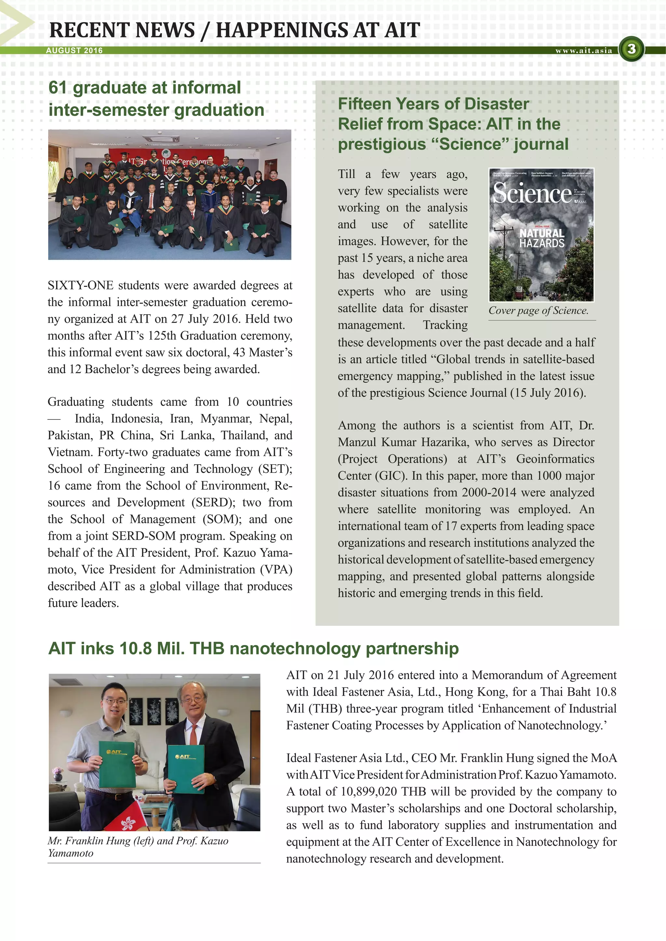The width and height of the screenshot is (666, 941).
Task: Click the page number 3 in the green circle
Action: tap(631, 49)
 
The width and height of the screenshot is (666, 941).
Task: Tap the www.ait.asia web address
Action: tap(584, 51)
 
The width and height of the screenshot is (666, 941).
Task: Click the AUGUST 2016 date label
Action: tap(74, 50)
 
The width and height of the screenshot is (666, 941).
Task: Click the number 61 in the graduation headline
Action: tap(58, 88)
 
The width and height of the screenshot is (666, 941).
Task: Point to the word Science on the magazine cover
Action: tap(532, 193)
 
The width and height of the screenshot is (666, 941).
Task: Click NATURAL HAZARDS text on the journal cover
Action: tap(542, 238)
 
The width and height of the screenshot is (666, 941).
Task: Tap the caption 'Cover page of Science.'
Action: tap(538, 311)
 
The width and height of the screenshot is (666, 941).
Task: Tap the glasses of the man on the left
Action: tap(115, 701)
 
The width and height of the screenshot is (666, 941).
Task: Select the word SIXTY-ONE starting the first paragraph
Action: tap(80, 286)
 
